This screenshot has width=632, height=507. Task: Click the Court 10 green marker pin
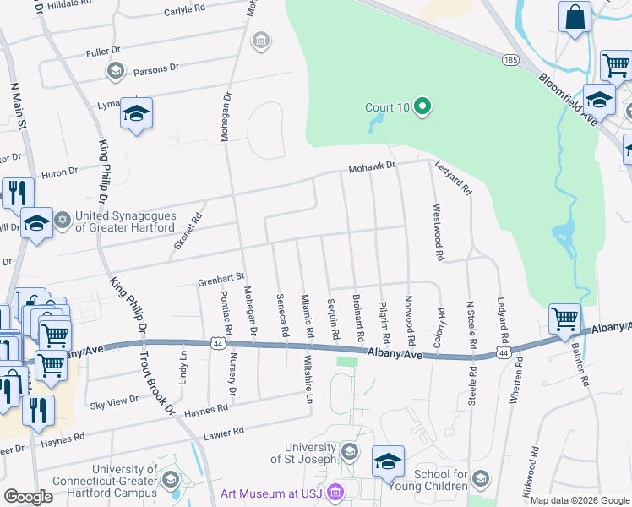[x=423, y=107]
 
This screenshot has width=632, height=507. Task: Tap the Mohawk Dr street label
[x=373, y=167]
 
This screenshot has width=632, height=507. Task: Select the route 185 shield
[x=509, y=60]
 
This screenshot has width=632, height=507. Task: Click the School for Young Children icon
[x=480, y=479]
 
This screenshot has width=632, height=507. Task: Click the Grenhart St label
[x=221, y=276]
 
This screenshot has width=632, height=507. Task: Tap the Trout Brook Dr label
[x=161, y=384]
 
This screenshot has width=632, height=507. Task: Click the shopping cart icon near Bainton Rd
[x=564, y=319]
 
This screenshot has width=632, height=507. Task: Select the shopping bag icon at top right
[x=575, y=17]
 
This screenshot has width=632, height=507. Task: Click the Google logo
[x=29, y=497]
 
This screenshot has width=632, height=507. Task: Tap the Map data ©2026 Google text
[x=580, y=500]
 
